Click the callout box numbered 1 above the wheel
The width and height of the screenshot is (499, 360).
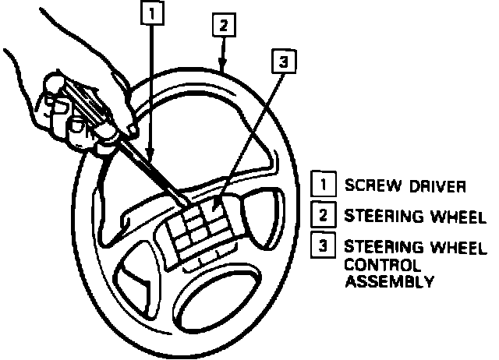(154, 12)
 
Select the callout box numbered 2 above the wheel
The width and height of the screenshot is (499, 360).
(223, 25)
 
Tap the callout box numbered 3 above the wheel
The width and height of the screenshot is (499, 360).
(286, 62)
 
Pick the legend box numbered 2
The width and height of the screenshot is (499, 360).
(320, 214)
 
